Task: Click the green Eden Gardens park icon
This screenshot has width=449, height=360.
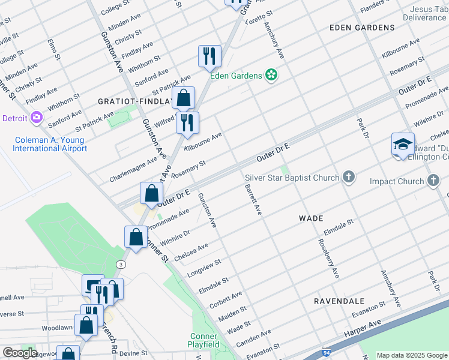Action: (271, 75)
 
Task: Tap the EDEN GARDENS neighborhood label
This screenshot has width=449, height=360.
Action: (362, 28)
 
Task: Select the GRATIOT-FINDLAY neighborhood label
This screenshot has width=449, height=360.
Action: (136, 102)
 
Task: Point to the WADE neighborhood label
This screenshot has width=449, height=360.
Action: (311, 218)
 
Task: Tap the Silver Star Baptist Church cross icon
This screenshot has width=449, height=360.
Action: (349, 177)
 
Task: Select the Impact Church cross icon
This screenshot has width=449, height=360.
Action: (434, 181)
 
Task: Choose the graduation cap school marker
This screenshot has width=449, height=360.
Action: (403, 145)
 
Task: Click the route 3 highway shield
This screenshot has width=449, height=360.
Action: (122, 264)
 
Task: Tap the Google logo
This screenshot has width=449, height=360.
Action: (20, 353)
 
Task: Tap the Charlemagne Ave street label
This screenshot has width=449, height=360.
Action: (131, 170)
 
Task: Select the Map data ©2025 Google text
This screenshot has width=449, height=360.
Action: (411, 355)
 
